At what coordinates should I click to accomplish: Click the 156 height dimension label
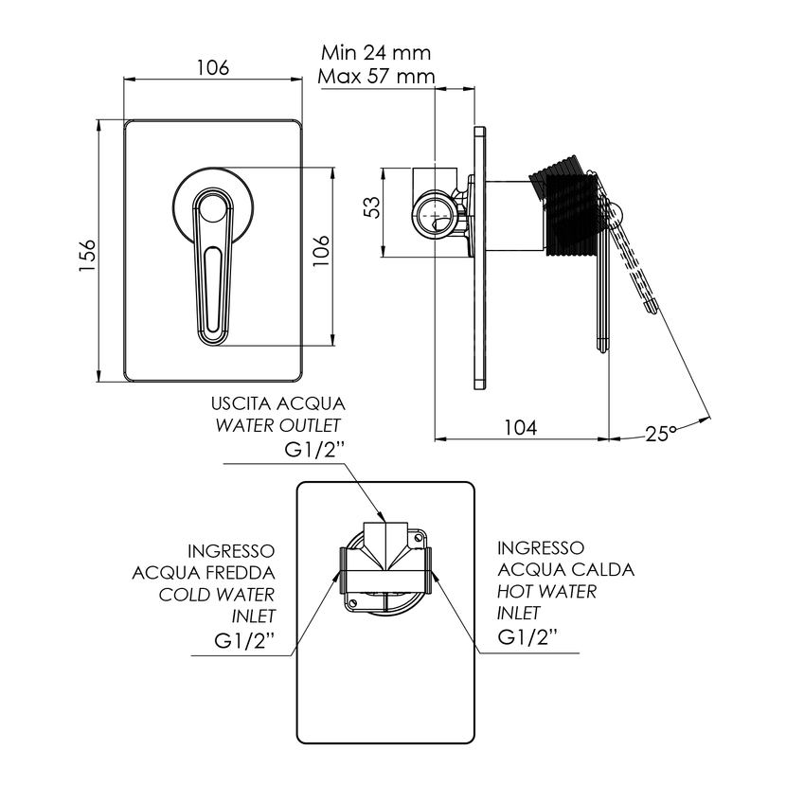click(86, 255)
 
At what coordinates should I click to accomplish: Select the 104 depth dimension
click(520, 427)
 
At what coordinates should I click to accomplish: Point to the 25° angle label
click(660, 433)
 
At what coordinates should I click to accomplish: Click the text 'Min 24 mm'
click(377, 52)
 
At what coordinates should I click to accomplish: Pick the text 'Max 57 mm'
click(377, 75)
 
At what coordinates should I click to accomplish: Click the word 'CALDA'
click(602, 569)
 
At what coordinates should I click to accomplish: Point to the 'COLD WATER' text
click(216, 594)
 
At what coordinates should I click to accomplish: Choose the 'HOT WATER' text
click(547, 591)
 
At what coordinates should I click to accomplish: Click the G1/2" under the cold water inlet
click(244, 639)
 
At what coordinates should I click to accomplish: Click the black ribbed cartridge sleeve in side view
click(566, 210)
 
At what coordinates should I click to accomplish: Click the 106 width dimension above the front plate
click(212, 68)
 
